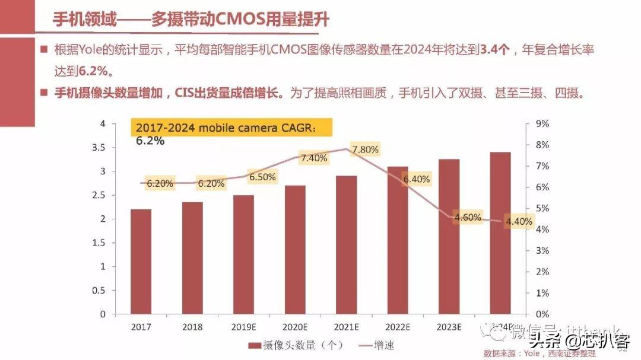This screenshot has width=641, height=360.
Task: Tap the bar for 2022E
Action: (398, 240)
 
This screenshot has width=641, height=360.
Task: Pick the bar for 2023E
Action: (449, 236)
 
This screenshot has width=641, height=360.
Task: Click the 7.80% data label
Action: (365, 150)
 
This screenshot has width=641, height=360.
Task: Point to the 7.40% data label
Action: (314, 158)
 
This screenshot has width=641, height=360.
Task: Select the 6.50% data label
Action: (262, 177)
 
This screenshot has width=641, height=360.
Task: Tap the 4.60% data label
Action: (468, 217)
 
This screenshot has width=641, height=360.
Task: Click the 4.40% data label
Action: (519, 221)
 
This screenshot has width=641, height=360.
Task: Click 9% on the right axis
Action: (542, 124)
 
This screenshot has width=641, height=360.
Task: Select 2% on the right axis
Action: (542, 272)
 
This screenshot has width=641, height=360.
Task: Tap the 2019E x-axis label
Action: (243, 327)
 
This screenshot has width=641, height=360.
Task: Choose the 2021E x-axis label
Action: (346, 327)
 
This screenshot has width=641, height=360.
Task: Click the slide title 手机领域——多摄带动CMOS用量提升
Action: (191, 19)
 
